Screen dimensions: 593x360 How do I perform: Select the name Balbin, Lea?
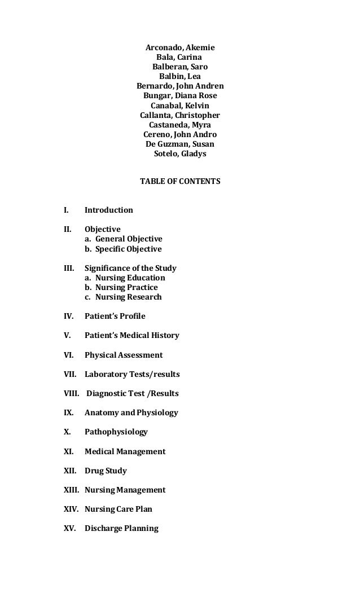coord(180,77)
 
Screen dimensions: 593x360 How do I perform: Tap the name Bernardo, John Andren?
coord(180,86)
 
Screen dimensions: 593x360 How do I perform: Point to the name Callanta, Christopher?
coord(180,115)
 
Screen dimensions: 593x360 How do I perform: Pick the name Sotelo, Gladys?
coord(180,153)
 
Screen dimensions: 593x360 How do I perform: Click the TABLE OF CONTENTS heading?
coord(180,182)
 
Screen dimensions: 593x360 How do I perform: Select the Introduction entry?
coord(109,210)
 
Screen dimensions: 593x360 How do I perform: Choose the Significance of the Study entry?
coord(130,268)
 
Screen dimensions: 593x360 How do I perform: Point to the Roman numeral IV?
coord(68,316)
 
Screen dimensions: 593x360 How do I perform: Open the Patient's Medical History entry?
coord(132,335)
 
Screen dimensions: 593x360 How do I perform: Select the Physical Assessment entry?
coord(124,355)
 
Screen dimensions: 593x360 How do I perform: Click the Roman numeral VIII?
coord(72,393)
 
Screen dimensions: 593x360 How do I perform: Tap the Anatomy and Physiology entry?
coord(131,412)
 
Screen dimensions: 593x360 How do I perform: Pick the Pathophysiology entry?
coord(116,432)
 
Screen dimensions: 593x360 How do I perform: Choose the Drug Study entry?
coord(106,471)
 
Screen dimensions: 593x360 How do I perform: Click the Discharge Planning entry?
coord(121,529)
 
